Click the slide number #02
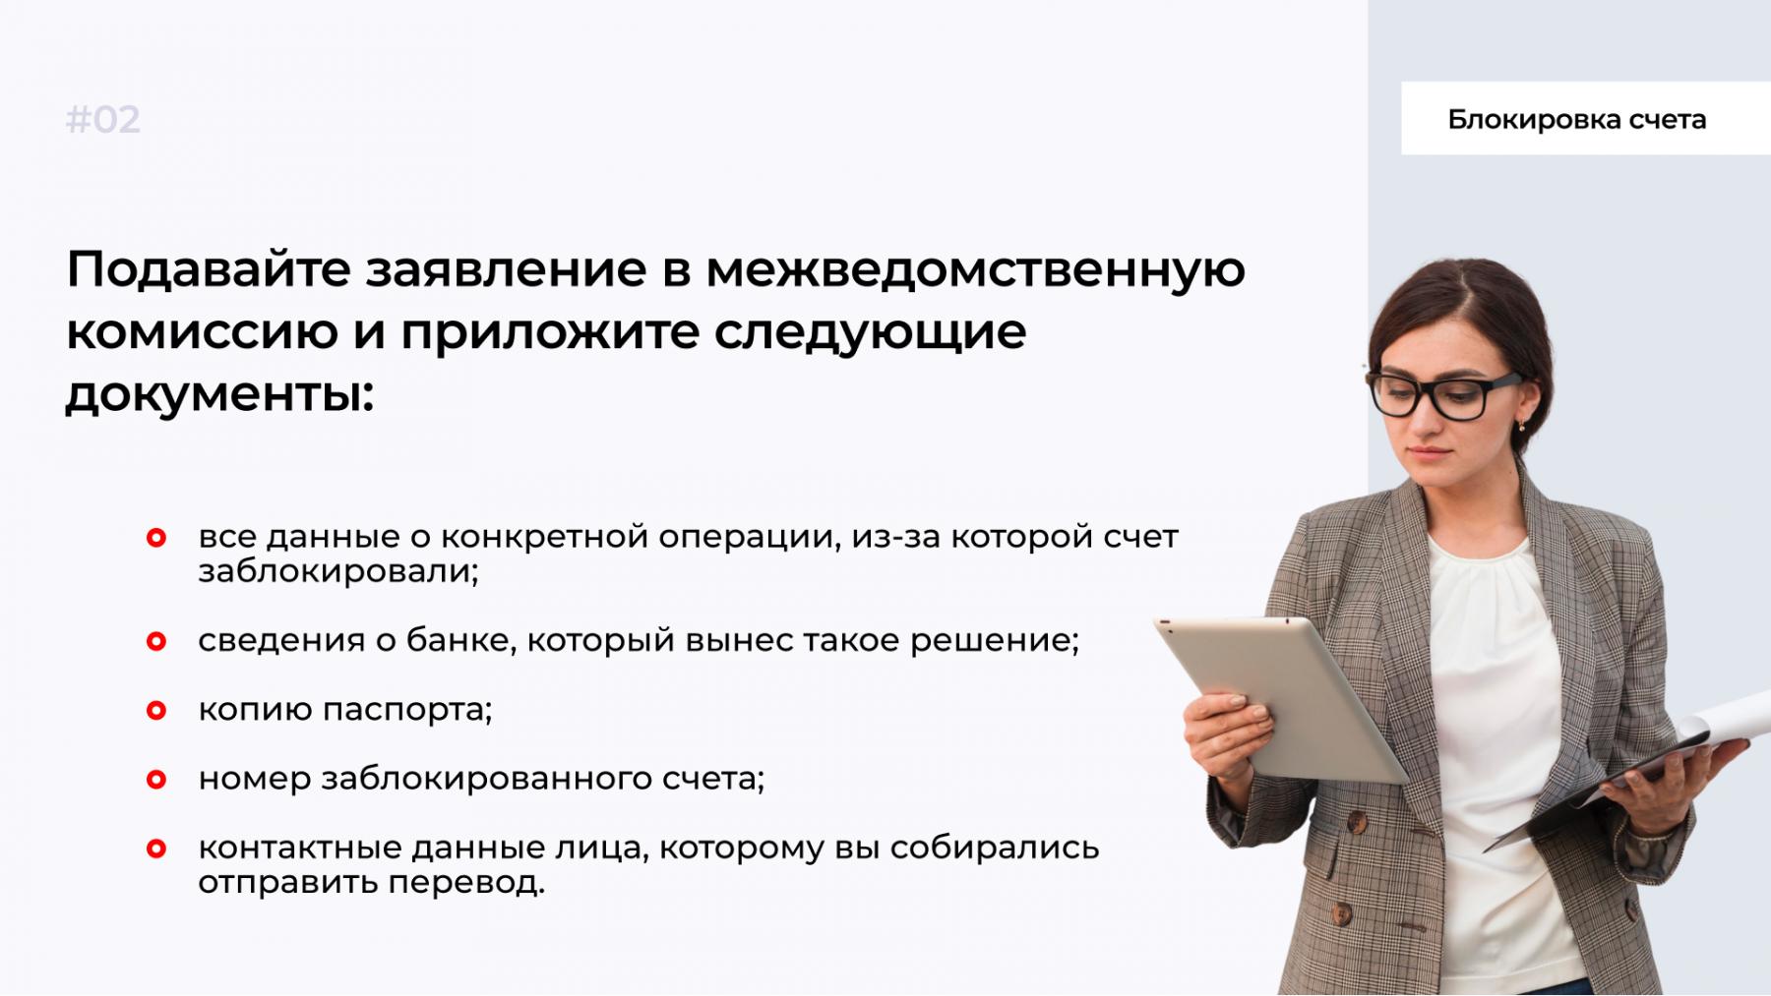point(103,120)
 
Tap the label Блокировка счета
point(1576,120)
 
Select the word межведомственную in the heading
point(976,270)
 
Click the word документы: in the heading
point(220,395)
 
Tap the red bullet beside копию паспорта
point(156,710)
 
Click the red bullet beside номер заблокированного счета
point(156,780)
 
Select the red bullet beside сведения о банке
point(156,641)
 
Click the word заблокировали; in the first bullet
point(338,571)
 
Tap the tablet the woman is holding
point(1282,698)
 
